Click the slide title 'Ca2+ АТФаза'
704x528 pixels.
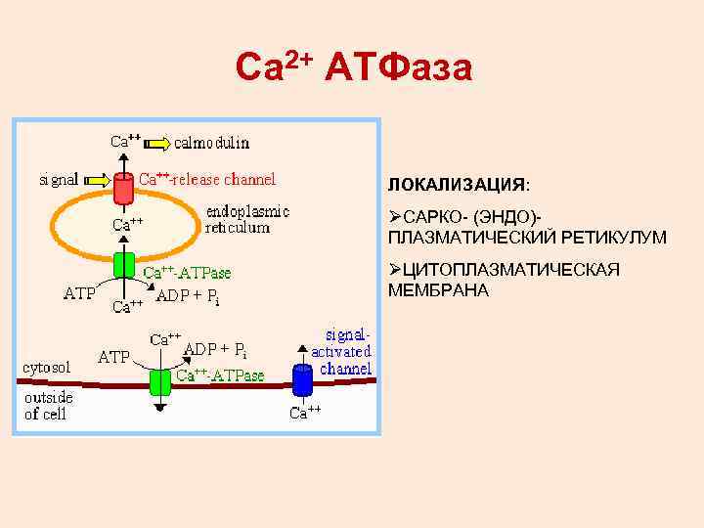(x=354, y=66)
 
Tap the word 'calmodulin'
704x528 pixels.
(x=212, y=142)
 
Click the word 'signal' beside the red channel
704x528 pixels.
(x=59, y=180)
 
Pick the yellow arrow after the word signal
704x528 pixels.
(x=96, y=180)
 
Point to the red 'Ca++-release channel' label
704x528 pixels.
(x=207, y=179)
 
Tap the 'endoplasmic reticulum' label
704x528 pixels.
(x=246, y=219)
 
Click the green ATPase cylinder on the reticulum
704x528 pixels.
(x=124, y=265)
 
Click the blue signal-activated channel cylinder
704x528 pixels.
(x=302, y=377)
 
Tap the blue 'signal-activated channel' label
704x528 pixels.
(x=342, y=351)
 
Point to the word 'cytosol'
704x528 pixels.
(x=46, y=368)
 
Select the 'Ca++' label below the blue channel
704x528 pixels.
(x=306, y=413)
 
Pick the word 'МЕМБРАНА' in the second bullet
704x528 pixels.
(x=438, y=290)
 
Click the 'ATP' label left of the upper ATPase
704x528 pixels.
(x=79, y=292)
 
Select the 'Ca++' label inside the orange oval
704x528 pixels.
(x=126, y=224)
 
